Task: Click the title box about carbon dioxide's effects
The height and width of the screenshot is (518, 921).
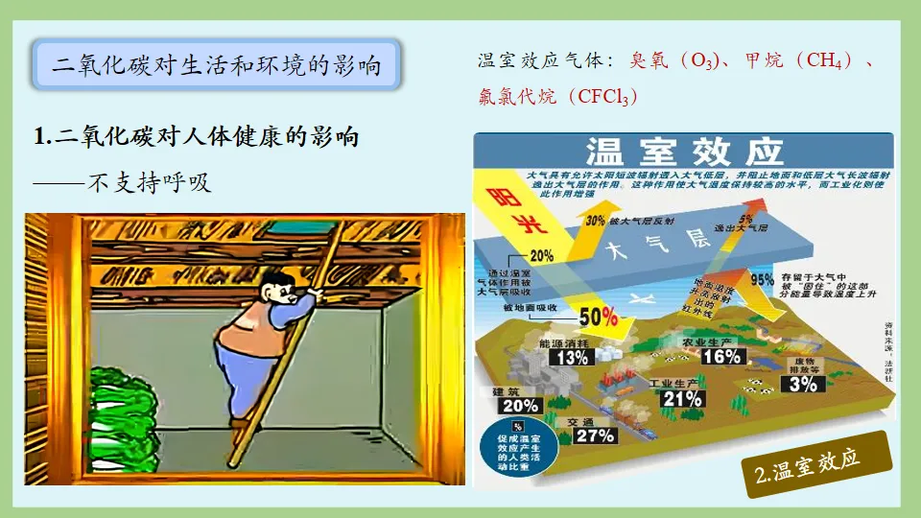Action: click(x=216, y=65)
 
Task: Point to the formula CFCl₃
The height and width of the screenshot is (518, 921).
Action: click(x=603, y=97)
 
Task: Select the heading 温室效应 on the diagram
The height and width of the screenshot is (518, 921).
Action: click(x=684, y=152)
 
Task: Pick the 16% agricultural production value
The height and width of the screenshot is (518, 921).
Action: click(x=722, y=356)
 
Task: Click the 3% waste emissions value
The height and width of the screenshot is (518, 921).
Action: click(x=803, y=384)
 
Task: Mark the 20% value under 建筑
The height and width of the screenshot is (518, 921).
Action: click(x=513, y=405)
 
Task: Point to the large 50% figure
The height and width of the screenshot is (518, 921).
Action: click(x=598, y=316)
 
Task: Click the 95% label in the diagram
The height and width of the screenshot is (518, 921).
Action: click(x=762, y=280)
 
